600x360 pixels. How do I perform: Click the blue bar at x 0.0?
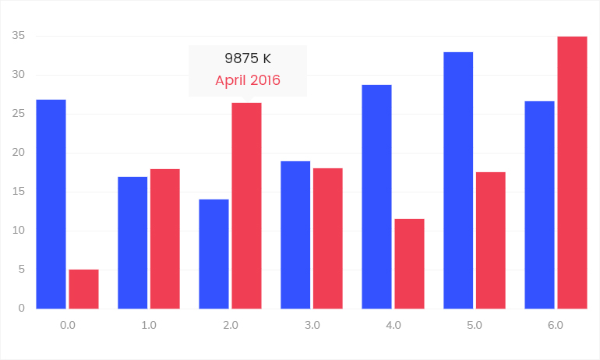(x=51, y=204)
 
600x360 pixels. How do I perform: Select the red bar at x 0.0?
(x=83, y=289)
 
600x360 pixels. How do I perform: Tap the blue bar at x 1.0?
(x=132, y=242)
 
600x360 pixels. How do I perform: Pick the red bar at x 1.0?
(x=165, y=238)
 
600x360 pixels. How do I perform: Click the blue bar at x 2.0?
(x=214, y=254)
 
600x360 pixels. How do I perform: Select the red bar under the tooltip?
(x=246, y=206)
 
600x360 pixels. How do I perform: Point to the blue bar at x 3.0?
(x=295, y=235)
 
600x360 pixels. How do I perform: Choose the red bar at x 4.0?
(x=409, y=263)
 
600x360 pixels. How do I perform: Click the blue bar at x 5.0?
(x=458, y=180)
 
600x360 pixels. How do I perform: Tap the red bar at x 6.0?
(x=572, y=172)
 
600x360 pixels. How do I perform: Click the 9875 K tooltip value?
(x=248, y=58)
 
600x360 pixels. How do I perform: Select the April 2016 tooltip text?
(x=248, y=80)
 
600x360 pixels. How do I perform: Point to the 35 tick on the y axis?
(x=19, y=36)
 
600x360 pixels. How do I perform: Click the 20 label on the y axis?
(x=19, y=153)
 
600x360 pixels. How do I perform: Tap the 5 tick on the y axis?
(x=22, y=270)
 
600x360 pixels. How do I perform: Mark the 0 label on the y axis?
(x=22, y=309)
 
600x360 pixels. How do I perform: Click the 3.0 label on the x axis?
(x=312, y=325)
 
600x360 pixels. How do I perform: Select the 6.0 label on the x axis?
(x=556, y=325)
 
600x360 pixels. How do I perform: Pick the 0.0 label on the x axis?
(x=68, y=325)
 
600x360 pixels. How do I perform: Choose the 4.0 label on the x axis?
(x=394, y=325)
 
